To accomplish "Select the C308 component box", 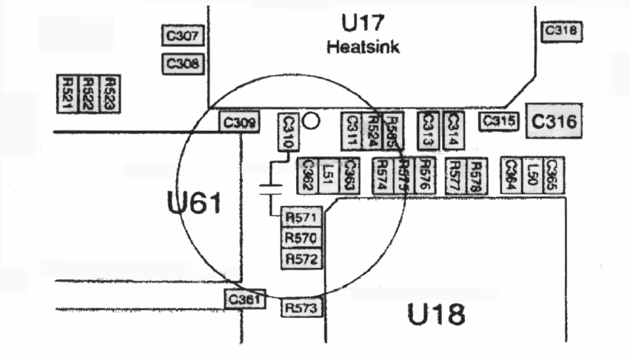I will click(182, 64).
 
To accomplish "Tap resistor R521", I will click(67, 93).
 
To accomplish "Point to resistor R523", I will click(109, 93).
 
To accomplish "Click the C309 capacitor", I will click(239, 123).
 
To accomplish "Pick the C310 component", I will click(288, 133).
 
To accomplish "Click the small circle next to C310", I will click(312, 120).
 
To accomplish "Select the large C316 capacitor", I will click(554, 121).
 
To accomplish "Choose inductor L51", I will click(329, 176).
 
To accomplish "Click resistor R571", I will click(301, 219).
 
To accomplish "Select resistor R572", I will click(301, 259).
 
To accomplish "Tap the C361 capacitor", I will click(244, 299).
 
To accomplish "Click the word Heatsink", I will click(363, 48).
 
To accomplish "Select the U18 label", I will click(437, 315).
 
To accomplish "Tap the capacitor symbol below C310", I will click(272, 190).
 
